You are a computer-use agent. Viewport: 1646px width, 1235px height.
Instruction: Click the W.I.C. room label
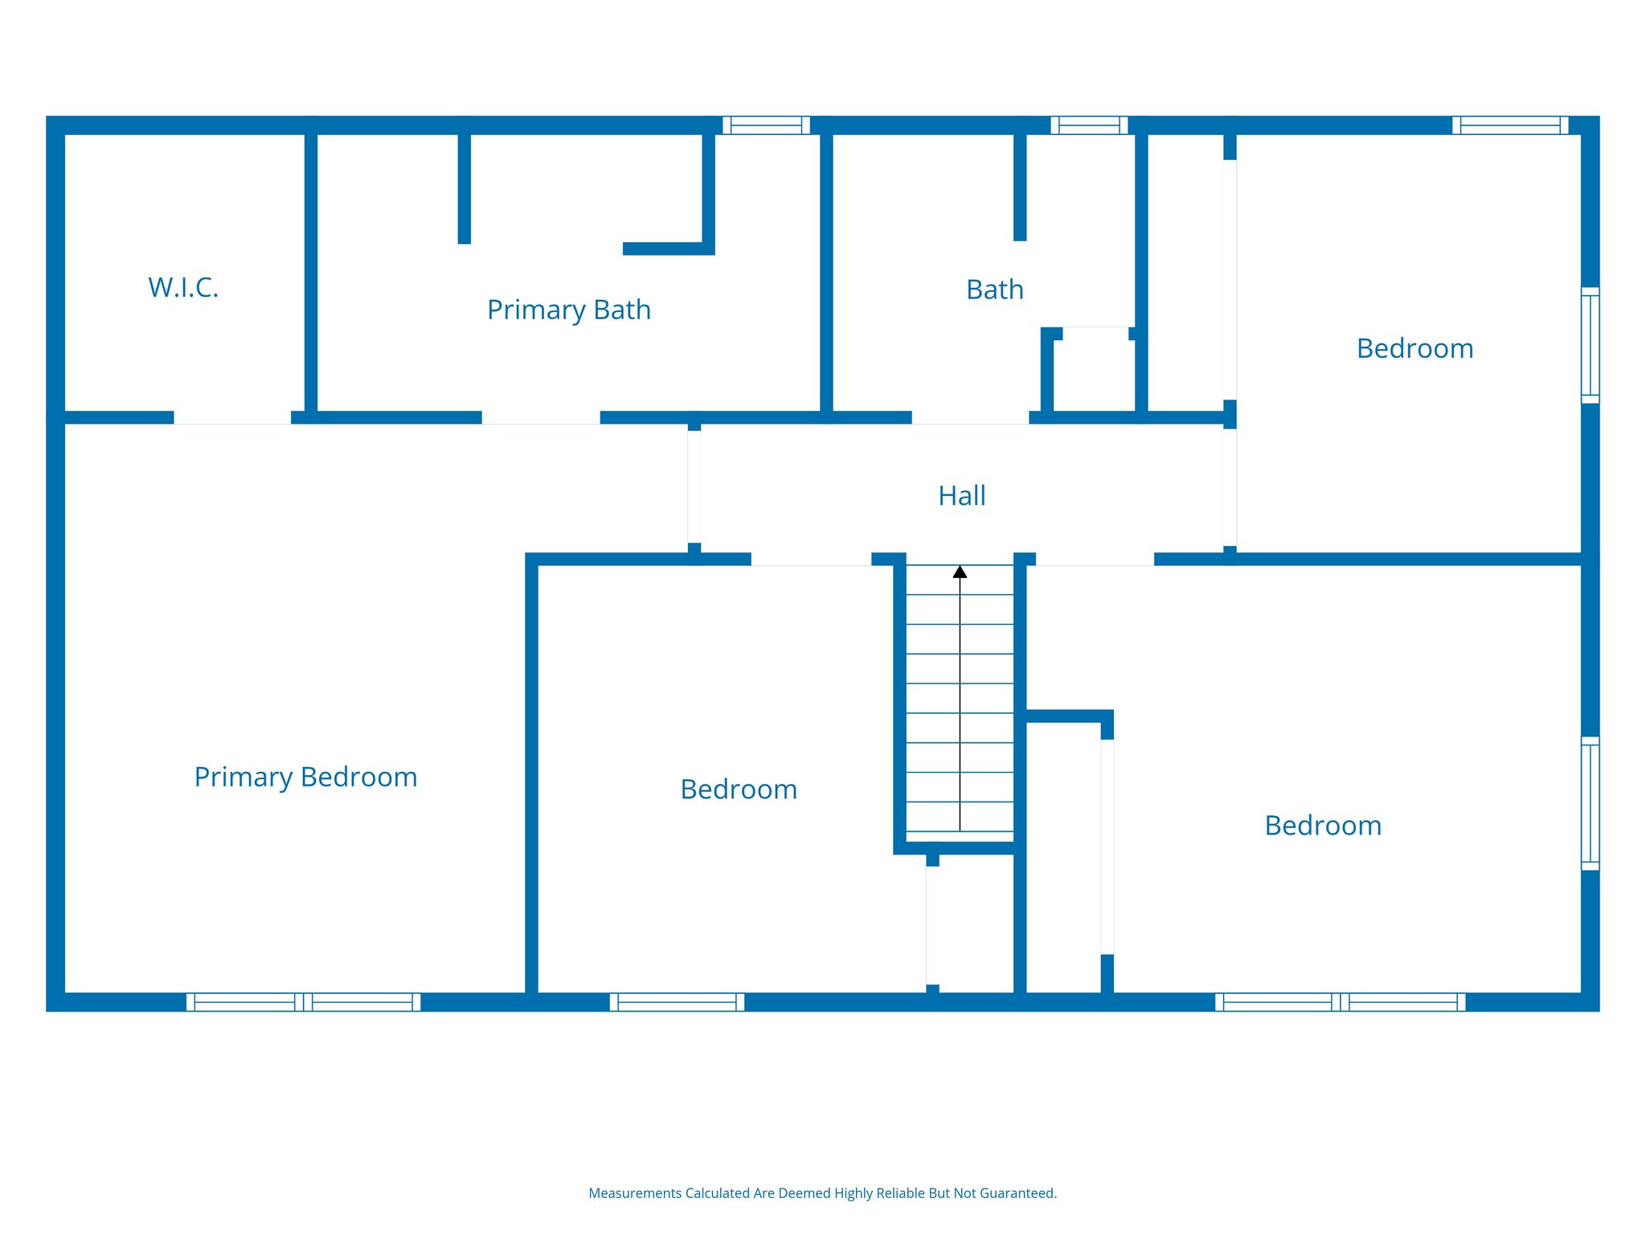pos(183,288)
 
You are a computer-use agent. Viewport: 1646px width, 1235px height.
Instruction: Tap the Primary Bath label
pos(568,310)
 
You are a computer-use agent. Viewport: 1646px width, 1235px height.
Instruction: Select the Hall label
pos(961,496)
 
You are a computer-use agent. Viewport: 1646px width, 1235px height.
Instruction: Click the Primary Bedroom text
pos(305,778)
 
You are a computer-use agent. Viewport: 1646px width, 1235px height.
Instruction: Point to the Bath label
pos(994,290)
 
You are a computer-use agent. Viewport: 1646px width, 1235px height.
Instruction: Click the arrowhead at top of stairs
pos(960,572)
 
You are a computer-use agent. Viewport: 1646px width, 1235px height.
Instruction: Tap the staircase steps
pos(960,708)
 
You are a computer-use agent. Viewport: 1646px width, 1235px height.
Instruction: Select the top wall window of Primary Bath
pos(766,125)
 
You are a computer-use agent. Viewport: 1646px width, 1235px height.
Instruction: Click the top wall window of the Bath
pos(1089,125)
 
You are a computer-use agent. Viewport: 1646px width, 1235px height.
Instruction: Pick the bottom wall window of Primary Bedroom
pos(303,1002)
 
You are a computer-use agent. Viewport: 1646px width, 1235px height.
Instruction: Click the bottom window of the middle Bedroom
pos(677,1002)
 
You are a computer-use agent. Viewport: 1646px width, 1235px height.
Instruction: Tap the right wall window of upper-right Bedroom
pos(1590,345)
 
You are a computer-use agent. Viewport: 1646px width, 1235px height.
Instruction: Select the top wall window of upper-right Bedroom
pos(1509,125)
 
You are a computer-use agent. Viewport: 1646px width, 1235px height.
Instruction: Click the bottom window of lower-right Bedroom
pos(1340,1002)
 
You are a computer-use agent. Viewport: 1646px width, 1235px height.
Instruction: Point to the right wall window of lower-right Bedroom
pos(1590,803)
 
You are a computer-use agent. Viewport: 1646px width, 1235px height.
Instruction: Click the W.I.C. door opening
pos(232,418)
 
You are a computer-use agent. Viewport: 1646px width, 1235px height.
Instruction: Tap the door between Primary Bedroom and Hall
pos(694,487)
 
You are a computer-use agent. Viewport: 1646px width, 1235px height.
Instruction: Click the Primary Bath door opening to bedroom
pos(541,418)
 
